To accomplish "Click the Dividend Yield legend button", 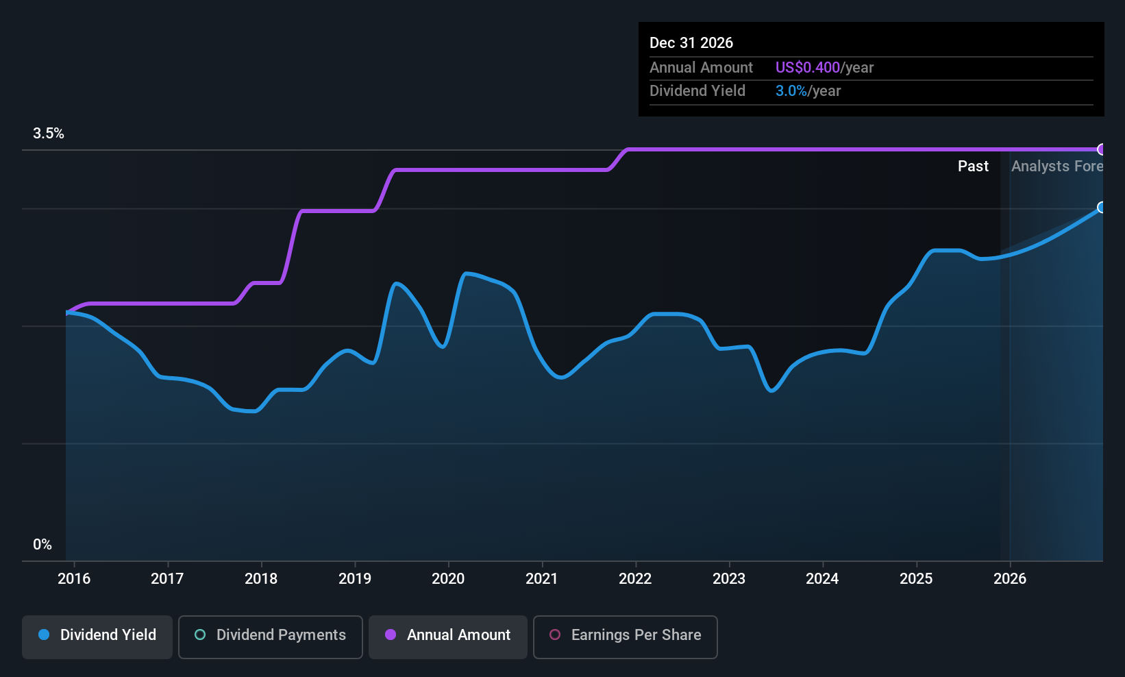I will pyautogui.click(x=97, y=636).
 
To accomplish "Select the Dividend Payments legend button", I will pyautogui.click(x=270, y=636).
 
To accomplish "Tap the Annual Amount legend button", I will pyautogui.click(x=447, y=636).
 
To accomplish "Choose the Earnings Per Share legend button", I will pyautogui.click(x=625, y=636).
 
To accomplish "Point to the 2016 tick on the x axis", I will pyautogui.click(x=74, y=579).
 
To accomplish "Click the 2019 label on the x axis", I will pyautogui.click(x=355, y=579).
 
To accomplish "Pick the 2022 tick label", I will pyautogui.click(x=635, y=579).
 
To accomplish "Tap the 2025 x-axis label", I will pyautogui.click(x=916, y=579).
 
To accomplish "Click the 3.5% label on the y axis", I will pyautogui.click(x=49, y=134).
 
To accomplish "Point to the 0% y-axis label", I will pyautogui.click(x=42, y=545).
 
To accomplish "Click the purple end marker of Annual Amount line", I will pyautogui.click(x=1101, y=149).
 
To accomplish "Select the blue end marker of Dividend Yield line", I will pyautogui.click(x=1101, y=207).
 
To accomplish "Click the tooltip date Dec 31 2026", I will pyautogui.click(x=691, y=43).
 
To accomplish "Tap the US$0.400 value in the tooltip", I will pyautogui.click(x=807, y=68).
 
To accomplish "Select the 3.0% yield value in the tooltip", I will pyautogui.click(x=791, y=91).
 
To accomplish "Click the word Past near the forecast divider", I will pyautogui.click(x=973, y=167).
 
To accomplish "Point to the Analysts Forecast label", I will pyautogui.click(x=1056, y=167).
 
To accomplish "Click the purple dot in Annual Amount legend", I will pyautogui.click(x=391, y=635).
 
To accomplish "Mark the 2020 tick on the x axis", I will pyautogui.click(x=448, y=579).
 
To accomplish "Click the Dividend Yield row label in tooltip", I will pyautogui.click(x=697, y=91).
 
